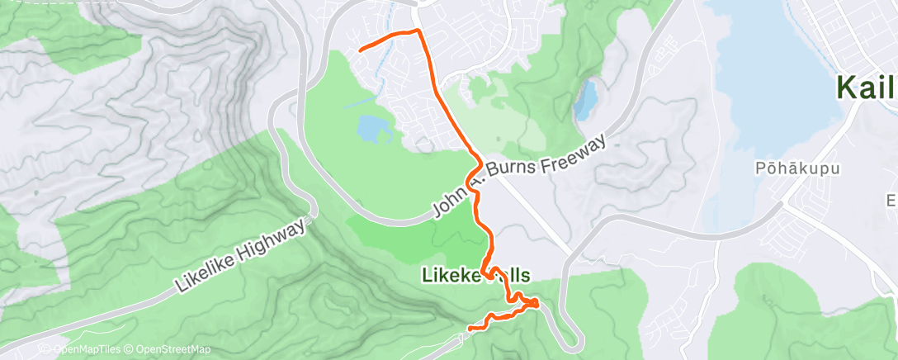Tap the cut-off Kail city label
[867, 87]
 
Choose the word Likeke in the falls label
[449, 275]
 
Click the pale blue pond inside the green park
[372, 128]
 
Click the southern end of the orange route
[470, 329]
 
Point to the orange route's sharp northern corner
[418, 31]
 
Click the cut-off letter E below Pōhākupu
[891, 201]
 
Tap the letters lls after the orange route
[516, 275]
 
